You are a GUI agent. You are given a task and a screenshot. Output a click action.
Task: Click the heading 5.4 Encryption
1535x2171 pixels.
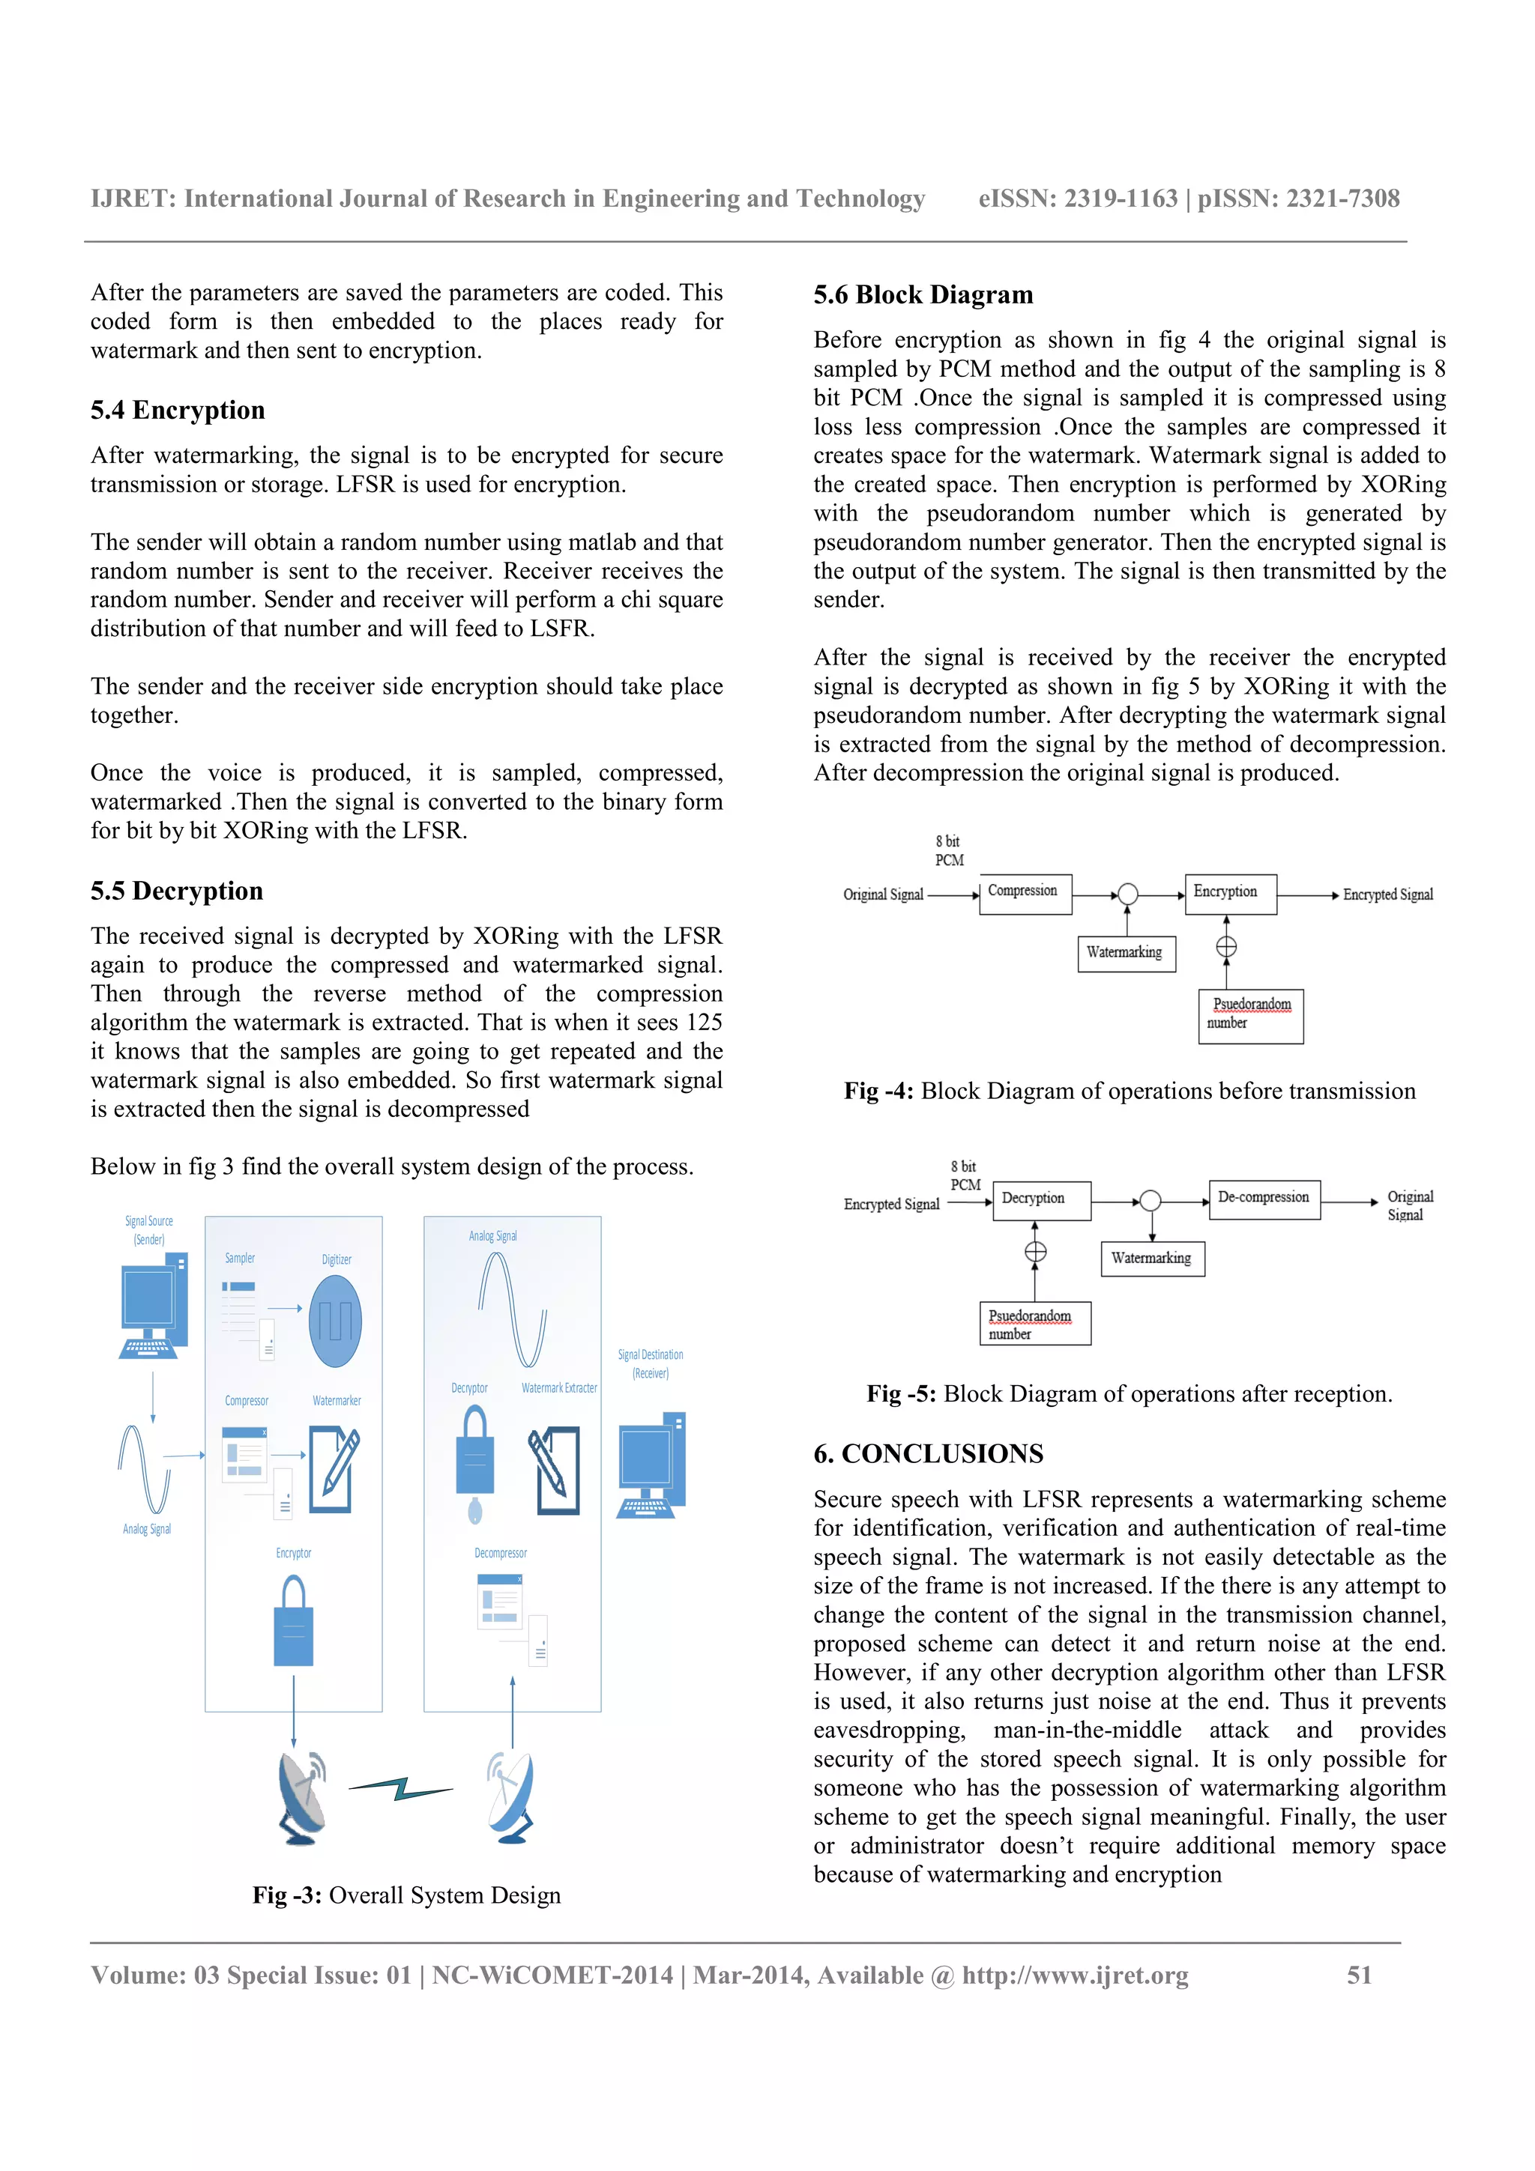pyautogui.click(x=178, y=411)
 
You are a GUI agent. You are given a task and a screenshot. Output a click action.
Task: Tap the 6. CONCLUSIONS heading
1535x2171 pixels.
pyautogui.click(x=928, y=1453)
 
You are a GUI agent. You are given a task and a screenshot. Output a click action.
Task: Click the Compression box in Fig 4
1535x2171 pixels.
pyautogui.click(x=1025, y=894)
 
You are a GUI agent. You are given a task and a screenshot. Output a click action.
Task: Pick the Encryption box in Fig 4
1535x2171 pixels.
pyautogui.click(x=1229, y=894)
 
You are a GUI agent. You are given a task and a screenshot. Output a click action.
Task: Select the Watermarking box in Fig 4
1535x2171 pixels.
pyautogui.click(x=1126, y=953)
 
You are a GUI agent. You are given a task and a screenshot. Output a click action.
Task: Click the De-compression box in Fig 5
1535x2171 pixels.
pyautogui.click(x=1264, y=1199)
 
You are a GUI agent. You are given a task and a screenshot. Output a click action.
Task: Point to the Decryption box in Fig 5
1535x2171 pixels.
pyautogui.click(x=1041, y=1200)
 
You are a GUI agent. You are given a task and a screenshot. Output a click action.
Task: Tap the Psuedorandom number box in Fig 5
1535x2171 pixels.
pyautogui.click(x=1034, y=1324)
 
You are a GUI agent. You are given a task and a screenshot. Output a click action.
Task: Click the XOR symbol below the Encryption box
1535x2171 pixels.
pyautogui.click(x=1225, y=946)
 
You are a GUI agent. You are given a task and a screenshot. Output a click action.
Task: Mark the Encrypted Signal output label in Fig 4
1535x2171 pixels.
pyautogui.click(x=1387, y=894)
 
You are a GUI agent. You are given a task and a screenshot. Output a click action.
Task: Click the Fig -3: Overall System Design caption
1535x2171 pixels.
pyautogui.click(x=407, y=1895)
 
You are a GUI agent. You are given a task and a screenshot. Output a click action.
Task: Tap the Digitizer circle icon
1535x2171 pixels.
pyautogui.click(x=335, y=1321)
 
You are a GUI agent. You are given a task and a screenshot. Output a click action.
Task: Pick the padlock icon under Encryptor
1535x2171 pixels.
pyautogui.click(x=293, y=1620)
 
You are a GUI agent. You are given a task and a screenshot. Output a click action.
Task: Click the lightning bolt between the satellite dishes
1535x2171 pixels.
pyautogui.click(x=401, y=1788)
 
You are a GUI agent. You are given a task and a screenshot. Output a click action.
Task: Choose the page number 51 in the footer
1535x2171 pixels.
pyautogui.click(x=1358, y=1975)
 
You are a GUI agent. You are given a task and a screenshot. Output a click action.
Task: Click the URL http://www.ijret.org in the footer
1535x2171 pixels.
pyautogui.click(x=1076, y=1975)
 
